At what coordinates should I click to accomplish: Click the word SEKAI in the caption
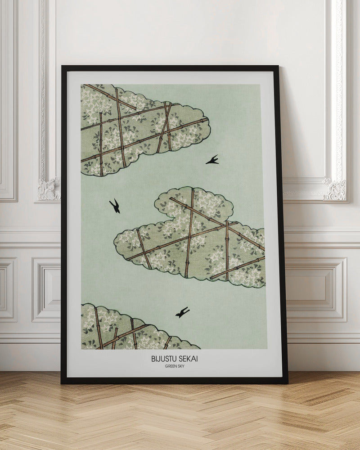click(189, 359)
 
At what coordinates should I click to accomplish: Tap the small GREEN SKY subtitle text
click(174, 366)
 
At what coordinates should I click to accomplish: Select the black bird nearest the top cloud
click(212, 160)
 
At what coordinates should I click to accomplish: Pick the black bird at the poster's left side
click(115, 206)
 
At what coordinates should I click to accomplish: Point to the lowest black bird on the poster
click(182, 312)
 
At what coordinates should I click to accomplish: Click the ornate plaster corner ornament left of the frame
click(49, 189)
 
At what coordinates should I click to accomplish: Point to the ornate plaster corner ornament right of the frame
click(335, 189)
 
